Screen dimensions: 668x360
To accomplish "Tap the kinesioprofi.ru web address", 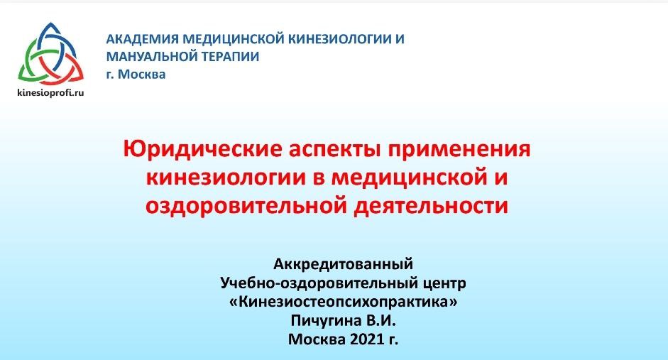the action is [x=50, y=92].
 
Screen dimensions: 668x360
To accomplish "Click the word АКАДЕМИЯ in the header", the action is [x=142, y=39].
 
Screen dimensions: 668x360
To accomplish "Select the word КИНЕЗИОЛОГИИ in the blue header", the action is [x=340, y=39].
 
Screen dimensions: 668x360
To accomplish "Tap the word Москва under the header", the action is [x=141, y=74].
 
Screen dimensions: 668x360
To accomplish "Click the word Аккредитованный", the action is [x=344, y=264].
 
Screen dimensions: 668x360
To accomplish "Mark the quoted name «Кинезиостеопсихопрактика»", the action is [x=344, y=302].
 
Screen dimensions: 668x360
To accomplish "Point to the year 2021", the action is [x=367, y=339].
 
